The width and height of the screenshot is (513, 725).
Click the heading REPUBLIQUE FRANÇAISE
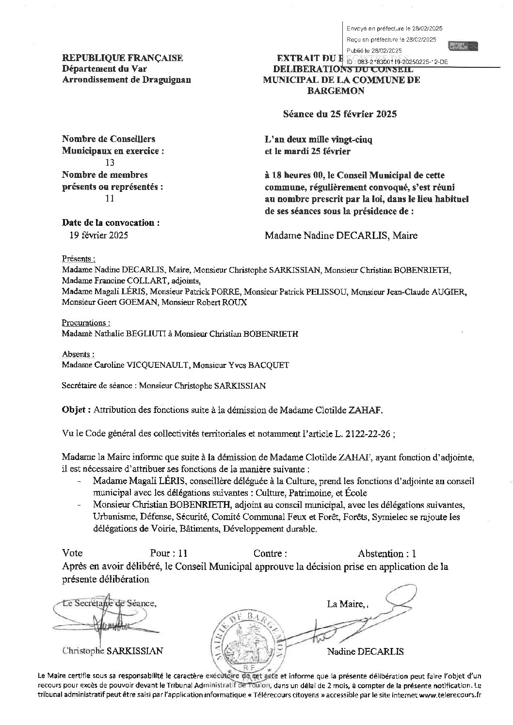point(123,58)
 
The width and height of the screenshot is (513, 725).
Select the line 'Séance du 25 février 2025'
point(340,114)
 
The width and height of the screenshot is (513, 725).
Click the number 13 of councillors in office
point(110,163)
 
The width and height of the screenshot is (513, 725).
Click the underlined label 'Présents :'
point(79,258)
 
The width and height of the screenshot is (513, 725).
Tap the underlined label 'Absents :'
point(78,354)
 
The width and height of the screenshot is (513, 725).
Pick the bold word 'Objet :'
point(76,410)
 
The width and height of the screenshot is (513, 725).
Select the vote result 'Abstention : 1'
point(386,553)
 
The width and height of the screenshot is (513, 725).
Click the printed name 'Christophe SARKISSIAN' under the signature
point(112,651)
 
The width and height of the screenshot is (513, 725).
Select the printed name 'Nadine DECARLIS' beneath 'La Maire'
point(365,652)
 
